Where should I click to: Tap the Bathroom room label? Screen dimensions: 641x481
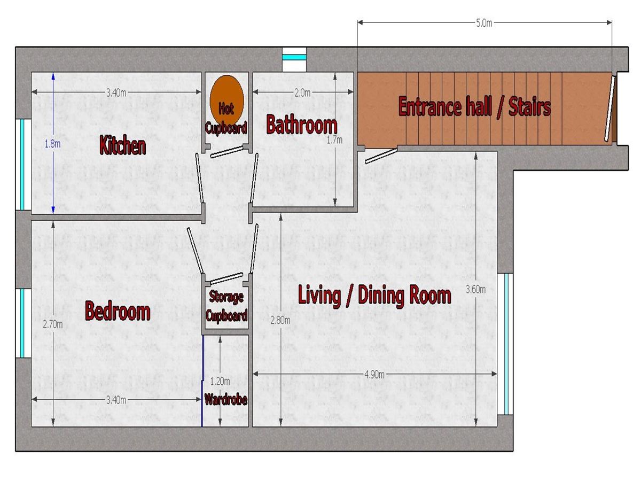point(302,125)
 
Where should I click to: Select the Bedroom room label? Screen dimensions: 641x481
point(118,311)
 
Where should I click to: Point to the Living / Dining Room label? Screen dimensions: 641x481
point(374,296)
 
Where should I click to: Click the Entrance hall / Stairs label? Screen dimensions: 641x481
point(474,106)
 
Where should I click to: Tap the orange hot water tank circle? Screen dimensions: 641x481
point(226,100)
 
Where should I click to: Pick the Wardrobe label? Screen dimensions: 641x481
point(226,400)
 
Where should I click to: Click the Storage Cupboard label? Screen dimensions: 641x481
point(226,306)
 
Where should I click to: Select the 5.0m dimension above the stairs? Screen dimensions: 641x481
point(484,23)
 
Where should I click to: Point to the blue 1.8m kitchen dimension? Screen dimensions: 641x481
point(53,143)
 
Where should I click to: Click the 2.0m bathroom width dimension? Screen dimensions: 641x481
point(303,92)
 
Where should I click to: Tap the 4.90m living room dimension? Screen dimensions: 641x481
point(374,374)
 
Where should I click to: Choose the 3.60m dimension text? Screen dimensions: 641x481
point(475,290)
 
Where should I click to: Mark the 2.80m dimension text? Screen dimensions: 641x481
point(280,321)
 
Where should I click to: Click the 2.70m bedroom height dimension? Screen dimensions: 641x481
point(53,324)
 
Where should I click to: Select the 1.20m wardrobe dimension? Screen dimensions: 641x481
point(220,382)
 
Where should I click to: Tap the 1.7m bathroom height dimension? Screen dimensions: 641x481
point(335,140)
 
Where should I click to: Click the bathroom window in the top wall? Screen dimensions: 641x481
point(294,59)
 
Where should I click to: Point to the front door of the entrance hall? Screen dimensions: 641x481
point(610,107)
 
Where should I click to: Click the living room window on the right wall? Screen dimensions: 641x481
point(505,344)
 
